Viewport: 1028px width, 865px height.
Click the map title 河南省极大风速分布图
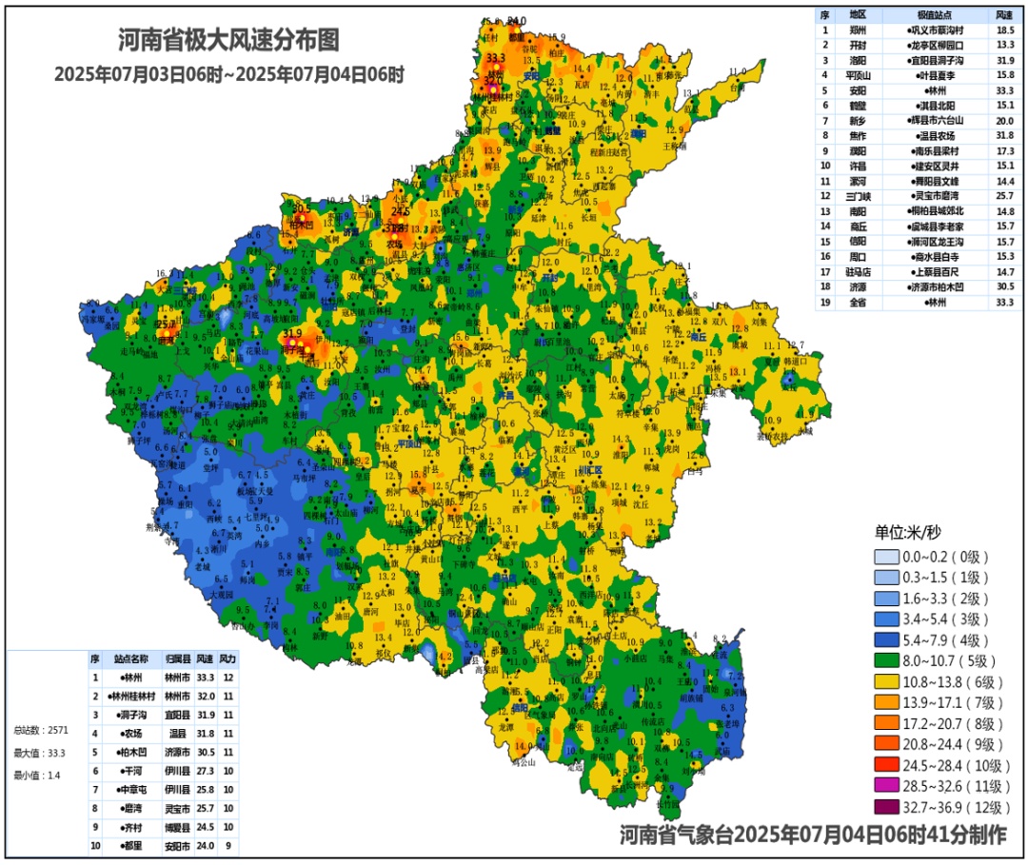coord(228,40)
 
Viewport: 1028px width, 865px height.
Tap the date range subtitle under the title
coord(228,73)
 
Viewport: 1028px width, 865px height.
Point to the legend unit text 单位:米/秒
coord(908,532)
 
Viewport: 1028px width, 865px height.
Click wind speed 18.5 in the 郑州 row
coord(1003,30)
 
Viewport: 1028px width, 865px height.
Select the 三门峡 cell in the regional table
coord(858,195)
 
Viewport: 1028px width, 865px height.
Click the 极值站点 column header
coord(936,15)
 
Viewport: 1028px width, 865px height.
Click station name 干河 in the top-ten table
coord(131,771)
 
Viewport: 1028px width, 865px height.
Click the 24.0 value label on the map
coord(516,21)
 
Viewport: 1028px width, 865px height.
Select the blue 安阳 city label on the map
coord(530,74)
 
